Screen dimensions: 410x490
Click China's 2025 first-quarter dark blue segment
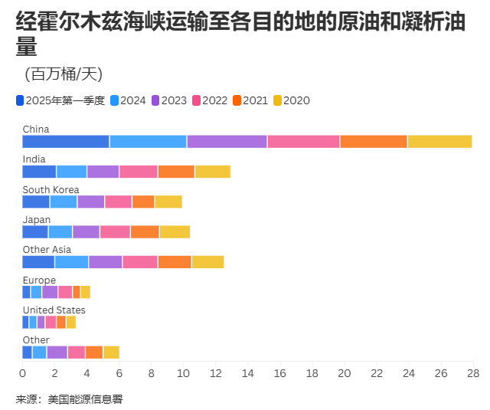(x=66, y=141)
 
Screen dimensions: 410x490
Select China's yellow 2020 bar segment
(x=439, y=141)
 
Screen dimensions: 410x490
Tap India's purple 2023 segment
(x=103, y=172)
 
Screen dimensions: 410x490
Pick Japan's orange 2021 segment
(x=145, y=231)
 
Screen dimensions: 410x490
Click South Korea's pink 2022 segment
(x=118, y=202)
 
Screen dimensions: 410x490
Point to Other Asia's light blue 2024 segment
(x=72, y=262)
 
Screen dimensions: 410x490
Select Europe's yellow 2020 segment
(x=86, y=292)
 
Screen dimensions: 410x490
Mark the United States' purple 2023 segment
(x=41, y=322)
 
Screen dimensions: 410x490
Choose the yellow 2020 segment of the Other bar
(x=111, y=352)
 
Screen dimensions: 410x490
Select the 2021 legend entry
(x=255, y=100)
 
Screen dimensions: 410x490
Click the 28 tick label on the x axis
(x=473, y=373)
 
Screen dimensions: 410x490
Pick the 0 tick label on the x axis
(x=23, y=373)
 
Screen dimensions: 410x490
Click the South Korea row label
(x=51, y=189)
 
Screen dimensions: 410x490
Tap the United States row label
(x=54, y=310)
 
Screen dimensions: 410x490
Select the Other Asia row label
(x=47, y=249)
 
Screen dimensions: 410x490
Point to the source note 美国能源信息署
(x=84, y=399)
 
